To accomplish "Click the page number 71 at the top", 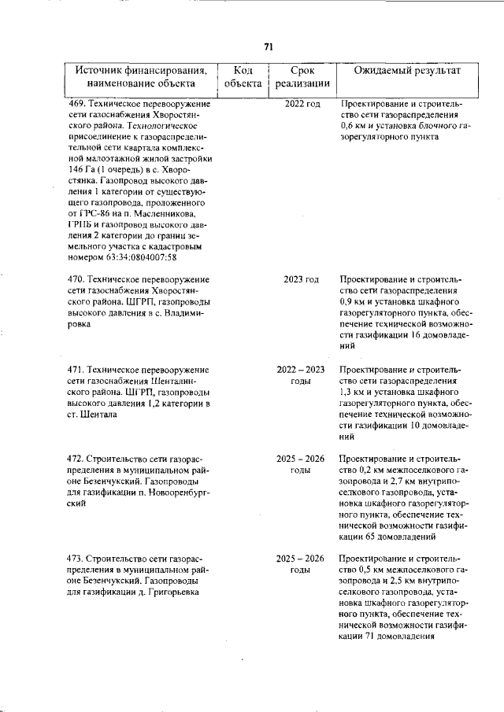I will click(269, 47).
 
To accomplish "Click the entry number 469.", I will click(77, 104).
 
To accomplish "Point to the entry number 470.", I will click(77, 280).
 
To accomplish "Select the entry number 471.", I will click(77, 369).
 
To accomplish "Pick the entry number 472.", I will click(77, 458).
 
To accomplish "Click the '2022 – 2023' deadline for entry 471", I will click(301, 369).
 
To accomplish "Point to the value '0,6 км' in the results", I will click(355, 126).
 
